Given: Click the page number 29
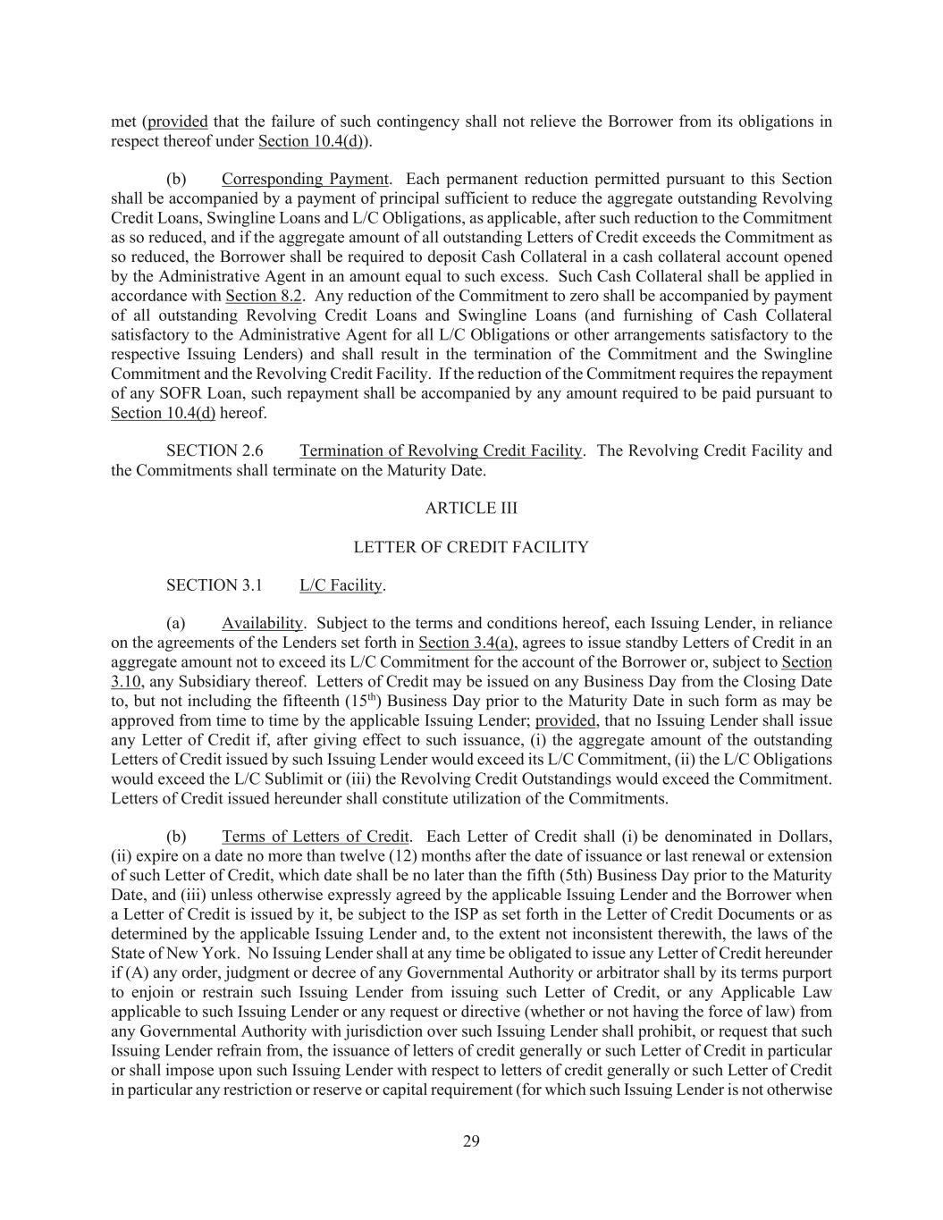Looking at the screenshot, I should [471, 1140].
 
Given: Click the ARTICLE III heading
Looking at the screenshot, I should [471, 508].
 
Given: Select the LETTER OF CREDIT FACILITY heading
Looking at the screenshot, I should [471, 547].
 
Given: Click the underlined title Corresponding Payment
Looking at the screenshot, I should [305, 179].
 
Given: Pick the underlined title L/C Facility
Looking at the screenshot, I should [341, 585].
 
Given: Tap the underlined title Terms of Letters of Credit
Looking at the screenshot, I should [315, 837].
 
